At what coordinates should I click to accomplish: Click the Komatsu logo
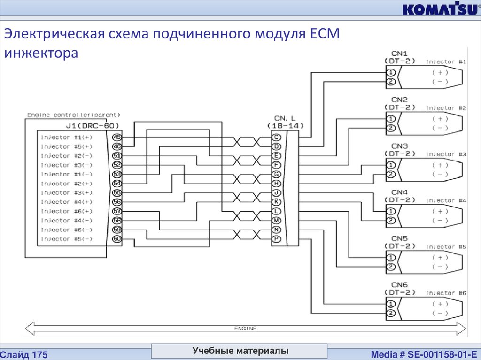tap(440, 10)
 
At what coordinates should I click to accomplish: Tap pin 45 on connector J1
tap(116, 138)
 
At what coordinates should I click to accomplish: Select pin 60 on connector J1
tap(116, 239)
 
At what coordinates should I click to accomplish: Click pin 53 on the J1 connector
tap(116, 174)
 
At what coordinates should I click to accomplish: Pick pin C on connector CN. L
tap(277, 138)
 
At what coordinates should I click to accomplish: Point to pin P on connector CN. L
tap(277, 239)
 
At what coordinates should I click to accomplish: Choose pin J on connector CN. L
tap(277, 192)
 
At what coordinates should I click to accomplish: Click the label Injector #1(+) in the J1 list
tap(67, 138)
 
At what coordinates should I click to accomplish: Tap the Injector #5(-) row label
tap(67, 239)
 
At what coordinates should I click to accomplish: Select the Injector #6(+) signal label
tap(67, 211)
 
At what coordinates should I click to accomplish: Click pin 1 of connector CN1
tap(390, 72)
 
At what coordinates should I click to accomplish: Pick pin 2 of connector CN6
tap(390, 313)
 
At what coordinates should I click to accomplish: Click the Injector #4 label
tap(446, 200)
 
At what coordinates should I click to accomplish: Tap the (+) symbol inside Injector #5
tap(440, 257)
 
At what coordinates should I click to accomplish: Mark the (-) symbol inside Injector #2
tap(440, 128)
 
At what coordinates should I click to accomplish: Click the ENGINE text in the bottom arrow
tap(245, 329)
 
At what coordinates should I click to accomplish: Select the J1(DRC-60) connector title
tap(90, 125)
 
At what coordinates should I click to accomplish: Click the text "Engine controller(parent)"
tap(74, 115)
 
